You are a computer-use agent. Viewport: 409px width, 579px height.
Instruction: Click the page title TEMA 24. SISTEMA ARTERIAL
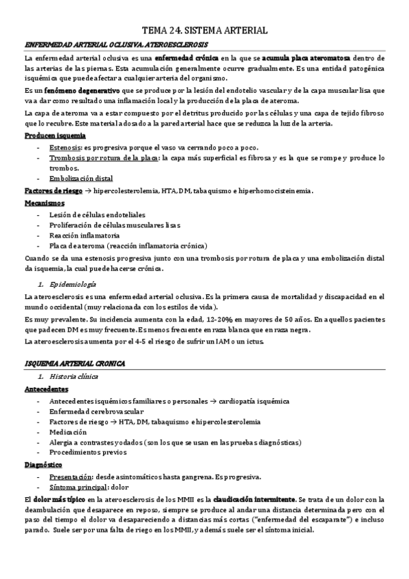(204, 31)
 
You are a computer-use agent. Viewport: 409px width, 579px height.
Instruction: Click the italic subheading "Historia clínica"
(74, 377)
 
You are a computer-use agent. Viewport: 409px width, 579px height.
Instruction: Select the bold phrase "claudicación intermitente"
(254, 498)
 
